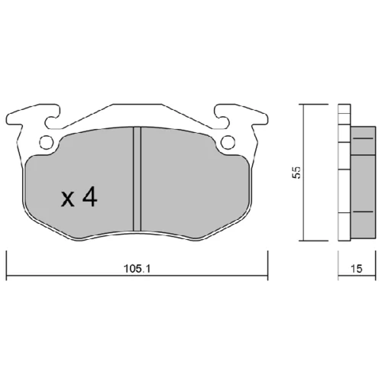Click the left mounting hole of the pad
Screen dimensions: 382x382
pyautogui.click(x=47, y=142)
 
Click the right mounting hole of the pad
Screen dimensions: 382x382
pyautogui.click(x=228, y=142)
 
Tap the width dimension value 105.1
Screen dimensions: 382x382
pyautogui.click(x=137, y=268)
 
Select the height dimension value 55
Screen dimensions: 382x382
pyautogui.click(x=297, y=173)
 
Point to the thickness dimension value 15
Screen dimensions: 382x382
pyautogui.click(x=356, y=268)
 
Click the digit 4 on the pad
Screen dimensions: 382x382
pyautogui.click(x=89, y=196)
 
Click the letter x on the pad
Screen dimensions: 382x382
pyautogui.click(x=68, y=199)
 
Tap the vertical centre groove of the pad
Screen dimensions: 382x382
pyautogui.click(x=137, y=179)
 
